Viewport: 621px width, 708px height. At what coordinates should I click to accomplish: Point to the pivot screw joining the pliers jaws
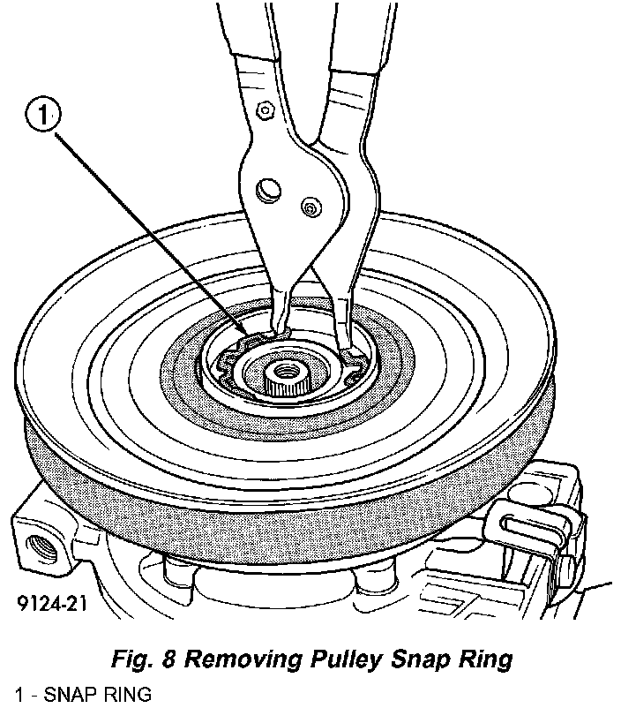(310, 207)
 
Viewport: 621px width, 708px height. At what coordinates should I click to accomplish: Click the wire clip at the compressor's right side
(533, 533)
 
